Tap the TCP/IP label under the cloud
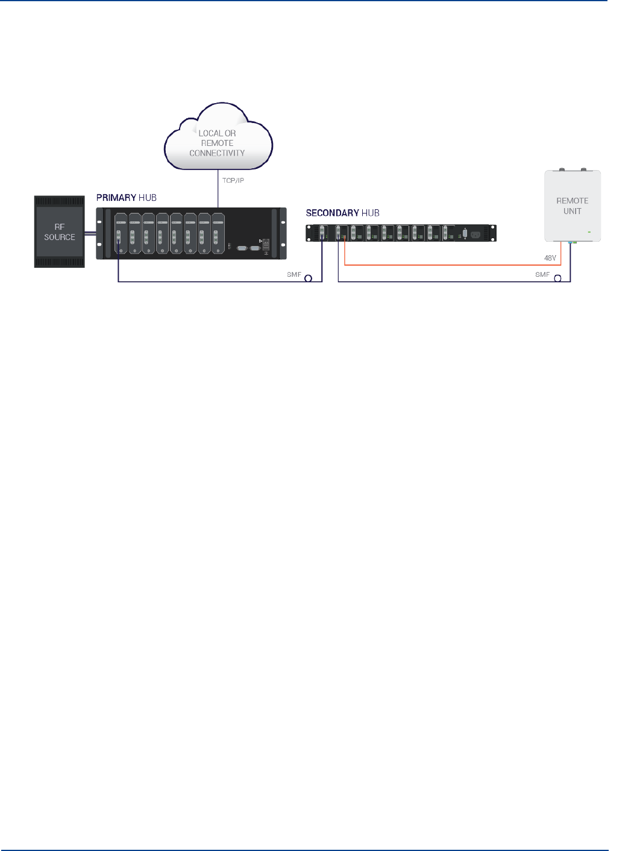click(x=233, y=180)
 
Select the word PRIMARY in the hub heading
click(x=116, y=198)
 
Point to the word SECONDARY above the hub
click(x=332, y=213)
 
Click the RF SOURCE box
click(x=59, y=232)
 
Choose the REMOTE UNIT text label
click(x=572, y=206)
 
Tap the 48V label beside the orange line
click(x=550, y=258)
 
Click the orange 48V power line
click(x=452, y=265)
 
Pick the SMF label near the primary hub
click(x=294, y=274)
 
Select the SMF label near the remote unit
click(x=542, y=274)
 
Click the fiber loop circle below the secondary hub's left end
click(x=309, y=279)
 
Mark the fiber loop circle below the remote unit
click(x=557, y=279)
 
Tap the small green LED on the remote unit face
click(x=589, y=232)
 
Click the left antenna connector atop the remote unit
click(x=562, y=170)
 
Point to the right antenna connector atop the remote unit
click(x=583, y=170)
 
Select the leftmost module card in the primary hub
click(x=121, y=233)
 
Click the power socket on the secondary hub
click(x=475, y=234)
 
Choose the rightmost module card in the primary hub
click(x=218, y=233)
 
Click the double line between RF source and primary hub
click(x=90, y=233)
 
